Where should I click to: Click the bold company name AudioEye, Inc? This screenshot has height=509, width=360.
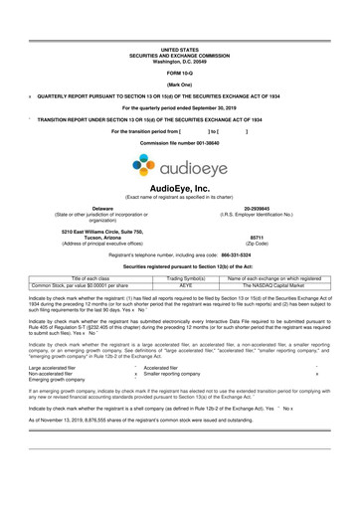[x=180, y=188]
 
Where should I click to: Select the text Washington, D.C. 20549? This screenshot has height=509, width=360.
[x=180, y=62]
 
